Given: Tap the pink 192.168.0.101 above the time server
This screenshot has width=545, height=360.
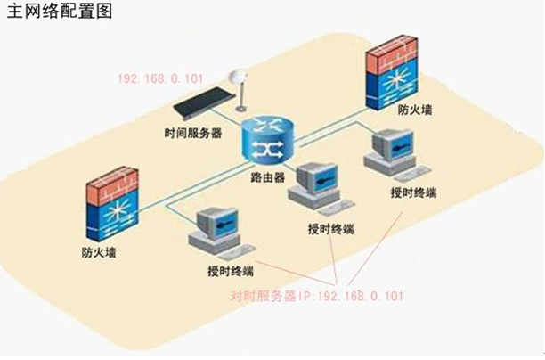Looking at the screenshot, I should pos(157,78).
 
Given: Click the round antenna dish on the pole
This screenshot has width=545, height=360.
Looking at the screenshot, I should pos(237,79).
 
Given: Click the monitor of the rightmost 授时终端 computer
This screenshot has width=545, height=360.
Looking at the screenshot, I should pos(391,143).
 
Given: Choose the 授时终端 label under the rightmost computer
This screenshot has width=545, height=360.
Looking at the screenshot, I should pos(413,192).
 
